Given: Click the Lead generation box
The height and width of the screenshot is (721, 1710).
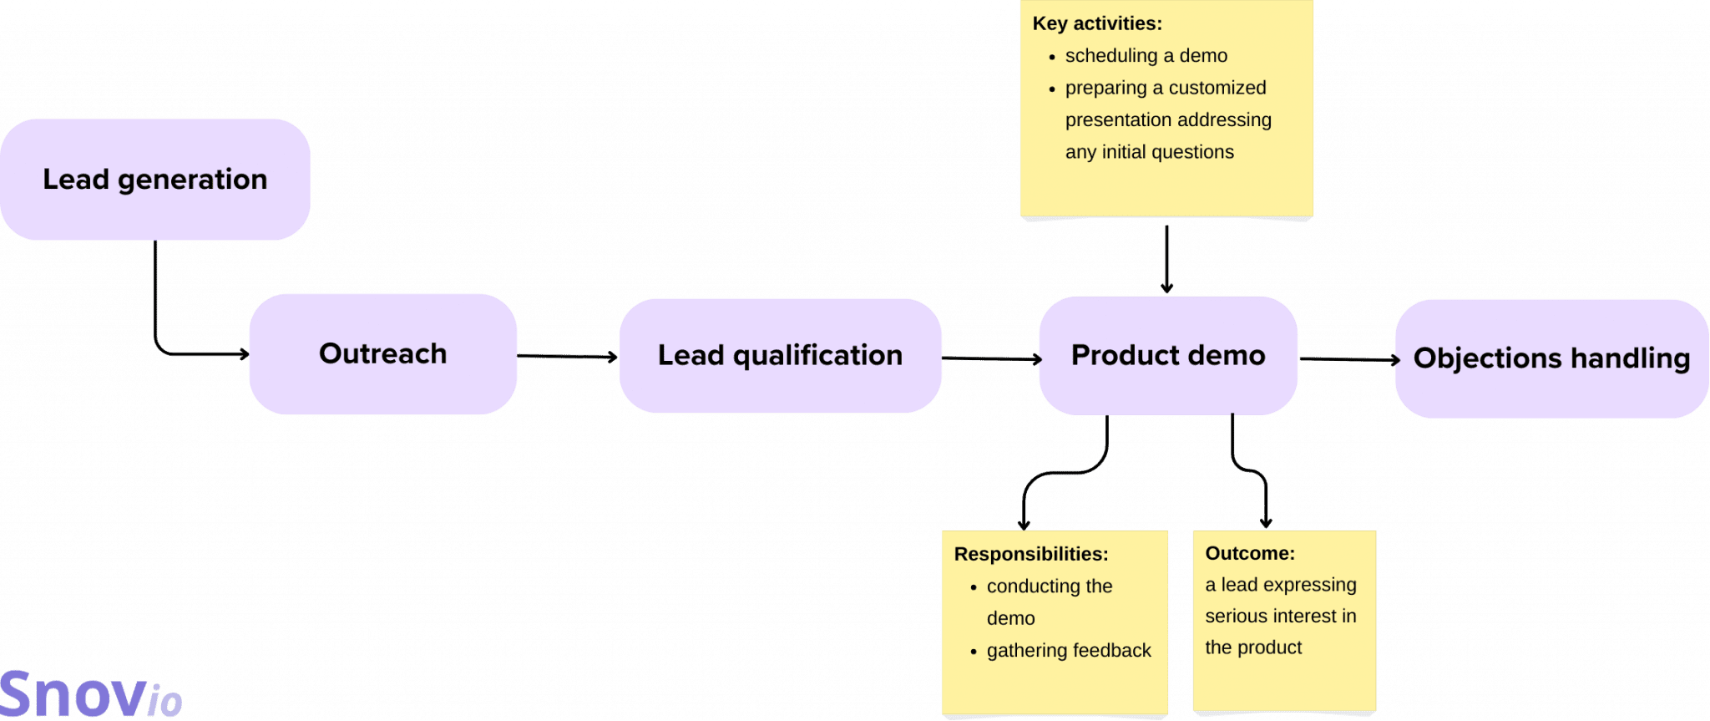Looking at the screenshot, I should (155, 180).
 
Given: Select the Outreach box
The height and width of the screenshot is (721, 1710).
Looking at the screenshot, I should (383, 354).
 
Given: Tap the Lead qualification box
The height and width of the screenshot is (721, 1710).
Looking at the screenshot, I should (780, 356).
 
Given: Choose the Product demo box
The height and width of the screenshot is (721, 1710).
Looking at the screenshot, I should (1168, 356).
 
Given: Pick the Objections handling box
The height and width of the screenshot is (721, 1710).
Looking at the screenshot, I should (1551, 358).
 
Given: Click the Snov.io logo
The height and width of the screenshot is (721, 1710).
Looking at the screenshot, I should (90, 694).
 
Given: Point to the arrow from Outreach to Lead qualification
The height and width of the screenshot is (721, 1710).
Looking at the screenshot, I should (568, 357).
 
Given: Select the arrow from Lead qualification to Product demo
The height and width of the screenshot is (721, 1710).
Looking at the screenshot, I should (991, 359).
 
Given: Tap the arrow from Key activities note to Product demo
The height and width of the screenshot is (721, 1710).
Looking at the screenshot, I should (1166, 256).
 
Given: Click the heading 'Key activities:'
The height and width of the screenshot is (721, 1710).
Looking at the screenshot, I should (1097, 23).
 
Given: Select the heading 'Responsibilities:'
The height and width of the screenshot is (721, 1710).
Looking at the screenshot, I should (1031, 554).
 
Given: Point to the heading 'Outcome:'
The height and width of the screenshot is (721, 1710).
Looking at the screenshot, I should (1250, 553).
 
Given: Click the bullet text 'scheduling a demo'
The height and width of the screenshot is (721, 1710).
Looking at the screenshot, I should (1146, 56).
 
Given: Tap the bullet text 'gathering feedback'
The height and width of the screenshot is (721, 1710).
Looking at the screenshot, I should (1069, 650).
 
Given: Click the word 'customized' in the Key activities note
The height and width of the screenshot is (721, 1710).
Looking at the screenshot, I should (1217, 88).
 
